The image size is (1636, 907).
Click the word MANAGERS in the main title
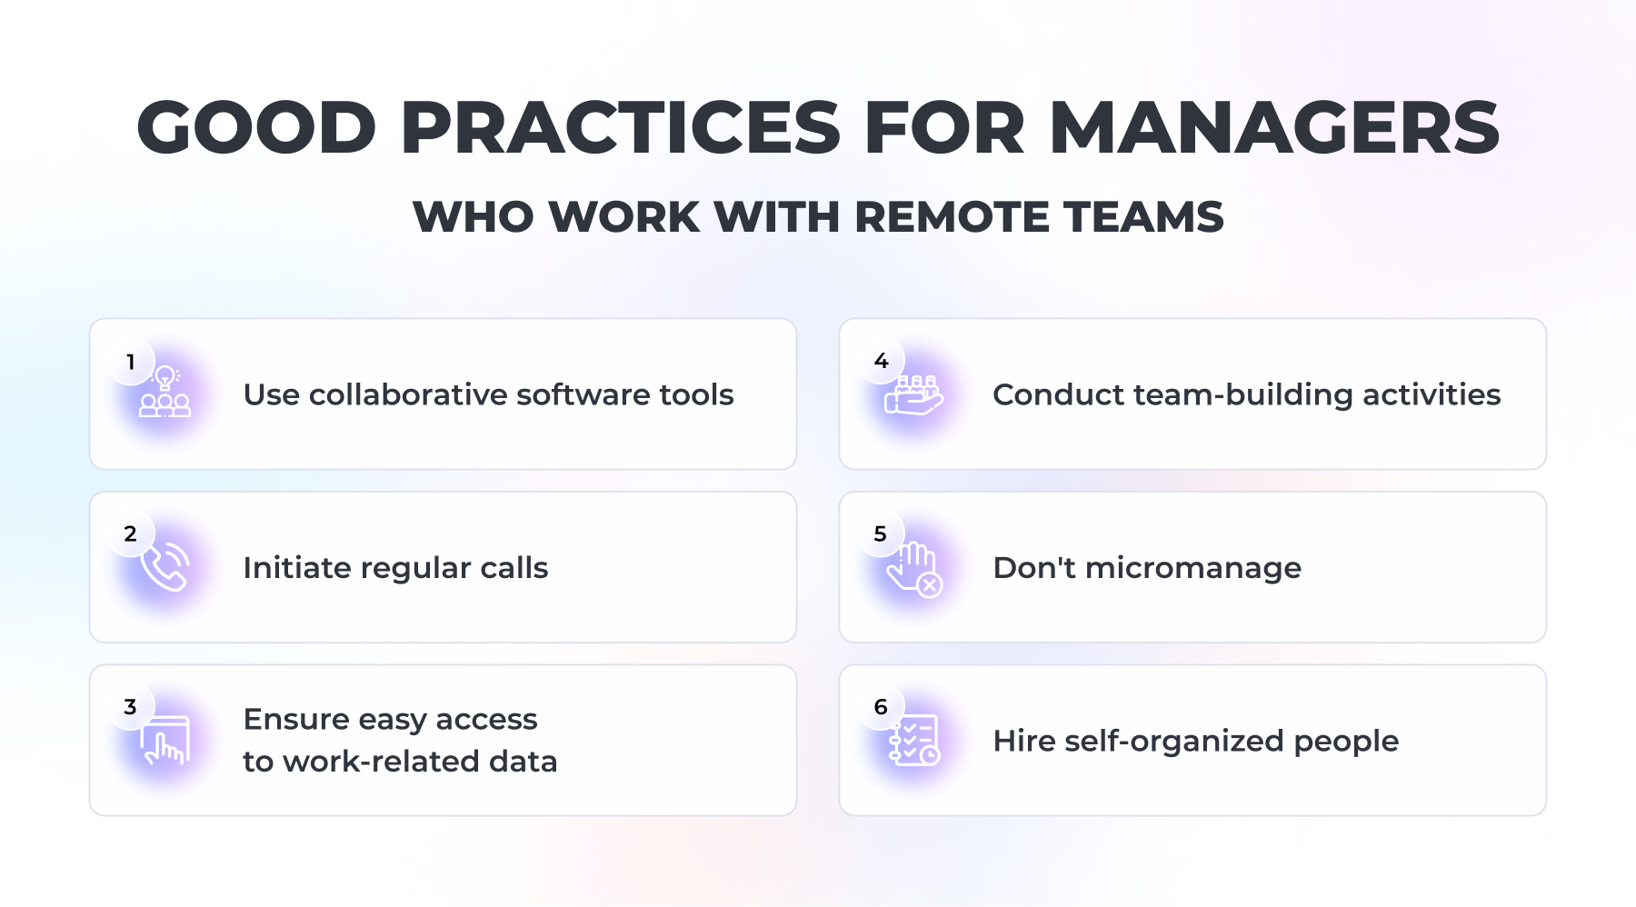pyautogui.click(x=1274, y=127)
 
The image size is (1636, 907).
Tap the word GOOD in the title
pyautogui.click(x=256, y=127)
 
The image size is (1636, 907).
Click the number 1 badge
pyautogui.click(x=131, y=362)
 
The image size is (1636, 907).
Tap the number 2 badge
pyautogui.click(x=131, y=534)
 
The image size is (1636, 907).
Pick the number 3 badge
pyautogui.click(x=131, y=707)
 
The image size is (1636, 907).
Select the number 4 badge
pyautogui.click(x=881, y=362)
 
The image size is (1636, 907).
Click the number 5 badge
pyautogui.click(x=881, y=534)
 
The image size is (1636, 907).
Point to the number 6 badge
pyautogui.click(x=881, y=707)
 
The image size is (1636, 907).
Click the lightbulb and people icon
pyautogui.click(x=165, y=392)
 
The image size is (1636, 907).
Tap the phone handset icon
pyautogui.click(x=165, y=566)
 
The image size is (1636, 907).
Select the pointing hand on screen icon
pyautogui.click(x=165, y=740)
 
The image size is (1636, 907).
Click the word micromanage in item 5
pyautogui.click(x=1193, y=568)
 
